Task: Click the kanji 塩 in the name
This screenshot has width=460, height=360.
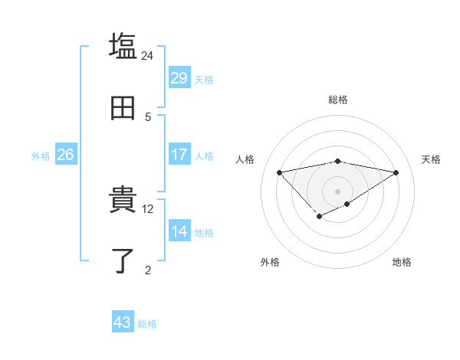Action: (123, 46)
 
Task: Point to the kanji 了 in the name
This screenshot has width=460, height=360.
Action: (123, 260)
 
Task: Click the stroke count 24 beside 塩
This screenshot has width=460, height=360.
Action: (148, 55)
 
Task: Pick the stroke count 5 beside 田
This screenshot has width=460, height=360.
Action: (148, 116)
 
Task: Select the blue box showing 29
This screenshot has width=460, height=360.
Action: (179, 78)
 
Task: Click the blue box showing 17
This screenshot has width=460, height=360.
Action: (179, 155)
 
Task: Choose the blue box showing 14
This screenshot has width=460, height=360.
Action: (179, 231)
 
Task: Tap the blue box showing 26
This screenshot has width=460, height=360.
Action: (65, 155)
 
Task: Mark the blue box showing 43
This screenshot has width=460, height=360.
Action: (123, 322)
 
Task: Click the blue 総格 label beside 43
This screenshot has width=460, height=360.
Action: (147, 324)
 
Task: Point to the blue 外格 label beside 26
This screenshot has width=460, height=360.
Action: (41, 156)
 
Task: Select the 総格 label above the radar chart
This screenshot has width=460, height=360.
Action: (337, 100)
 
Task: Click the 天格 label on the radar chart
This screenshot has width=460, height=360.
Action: (432, 159)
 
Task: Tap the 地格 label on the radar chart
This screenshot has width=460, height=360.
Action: (402, 262)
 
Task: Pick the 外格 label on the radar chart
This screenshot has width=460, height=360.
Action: (270, 262)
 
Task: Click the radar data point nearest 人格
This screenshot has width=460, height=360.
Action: (279, 172)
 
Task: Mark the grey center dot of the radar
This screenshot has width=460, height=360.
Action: (337, 191)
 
